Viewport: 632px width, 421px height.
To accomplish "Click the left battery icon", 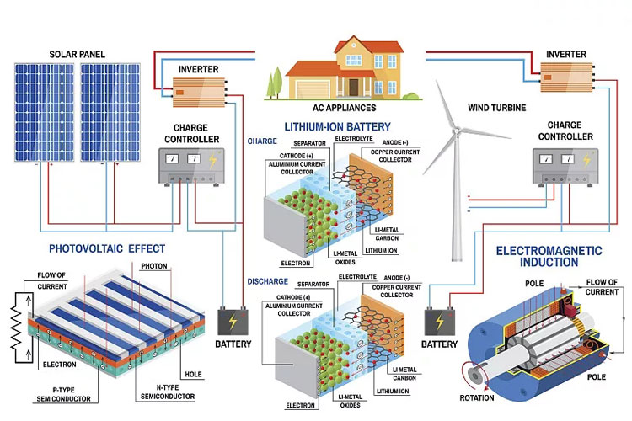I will pos(233,322).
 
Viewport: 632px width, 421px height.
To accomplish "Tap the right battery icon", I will pos(439,322).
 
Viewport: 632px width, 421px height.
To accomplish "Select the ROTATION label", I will pos(482,397).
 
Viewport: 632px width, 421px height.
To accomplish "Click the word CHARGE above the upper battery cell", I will pos(262,141).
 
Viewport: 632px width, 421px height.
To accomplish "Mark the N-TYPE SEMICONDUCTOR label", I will pos(165,392).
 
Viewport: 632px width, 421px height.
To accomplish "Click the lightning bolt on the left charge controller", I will pos(212,158).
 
